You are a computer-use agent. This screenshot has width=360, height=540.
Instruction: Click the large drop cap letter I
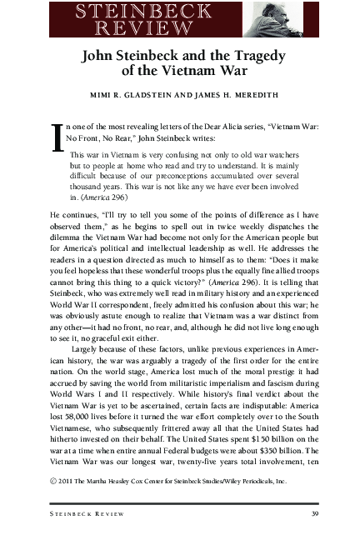57,138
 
